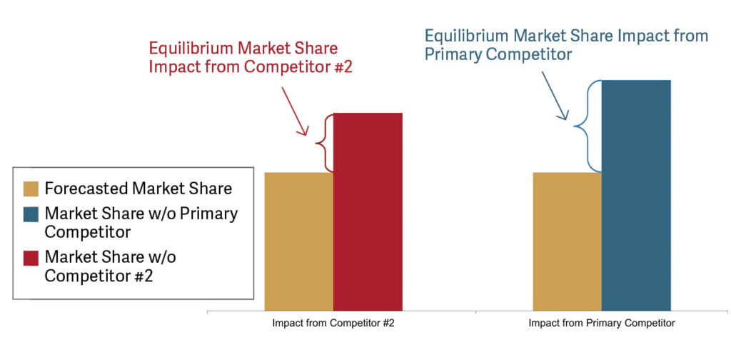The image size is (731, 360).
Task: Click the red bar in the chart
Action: point(368,211)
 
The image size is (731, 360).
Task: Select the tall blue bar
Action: point(636,196)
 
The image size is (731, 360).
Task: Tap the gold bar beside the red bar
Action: point(299,241)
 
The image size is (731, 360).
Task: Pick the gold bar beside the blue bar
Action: point(568,241)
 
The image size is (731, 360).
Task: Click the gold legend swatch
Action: point(31,189)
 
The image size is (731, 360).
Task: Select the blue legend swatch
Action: point(31,214)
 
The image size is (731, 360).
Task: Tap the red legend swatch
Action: point(31,258)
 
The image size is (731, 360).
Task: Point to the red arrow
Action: point(294,111)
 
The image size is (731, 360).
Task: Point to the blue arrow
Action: point(555,96)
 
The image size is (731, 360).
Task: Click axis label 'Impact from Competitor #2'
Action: point(333,324)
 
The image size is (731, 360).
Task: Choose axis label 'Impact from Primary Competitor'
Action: point(602,324)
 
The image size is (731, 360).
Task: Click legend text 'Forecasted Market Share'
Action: point(138,189)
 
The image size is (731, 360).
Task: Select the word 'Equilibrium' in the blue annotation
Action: point(465,37)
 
